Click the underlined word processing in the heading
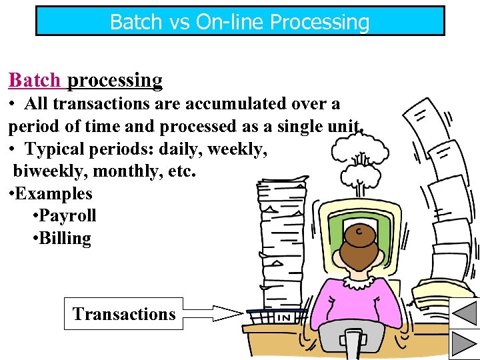pyautogui.click(x=115, y=81)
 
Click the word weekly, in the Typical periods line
pyautogui.click(x=238, y=149)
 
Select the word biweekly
pyautogui.click(x=50, y=171)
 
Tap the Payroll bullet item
pyautogui.click(x=67, y=216)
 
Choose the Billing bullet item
pyautogui.click(x=64, y=239)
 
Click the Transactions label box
pyautogui.click(x=123, y=314)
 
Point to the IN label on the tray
pyautogui.click(x=284, y=318)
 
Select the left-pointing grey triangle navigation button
pyautogui.click(x=465, y=311)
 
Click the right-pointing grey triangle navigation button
pyautogui.click(x=465, y=345)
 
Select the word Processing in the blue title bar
pyautogui.click(x=319, y=22)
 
